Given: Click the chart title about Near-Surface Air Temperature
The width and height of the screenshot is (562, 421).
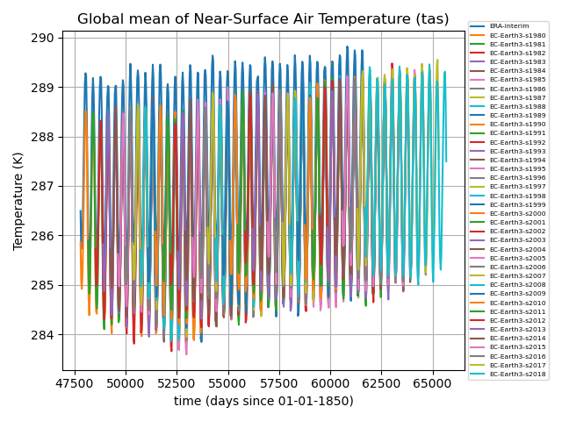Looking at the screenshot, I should [263, 19].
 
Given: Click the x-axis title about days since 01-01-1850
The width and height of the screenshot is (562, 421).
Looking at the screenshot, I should [263, 401].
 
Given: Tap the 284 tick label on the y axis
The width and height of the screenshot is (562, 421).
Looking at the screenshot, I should [45, 334].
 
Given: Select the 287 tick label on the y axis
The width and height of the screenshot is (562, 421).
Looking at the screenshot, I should [45, 186].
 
